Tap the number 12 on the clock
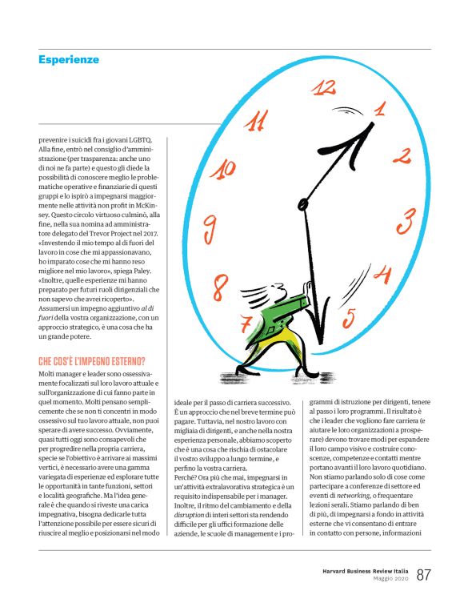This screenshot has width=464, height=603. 323,86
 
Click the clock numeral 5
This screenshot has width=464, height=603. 348,319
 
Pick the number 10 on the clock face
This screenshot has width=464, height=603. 226,168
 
